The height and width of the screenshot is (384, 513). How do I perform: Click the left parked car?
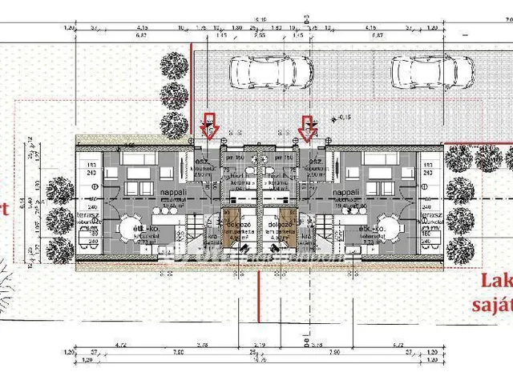tap(260, 72)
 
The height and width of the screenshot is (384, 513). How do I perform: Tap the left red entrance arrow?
tap(210, 126)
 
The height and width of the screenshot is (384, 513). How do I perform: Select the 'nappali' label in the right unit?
tap(346, 193)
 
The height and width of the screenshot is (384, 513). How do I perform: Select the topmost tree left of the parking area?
tap(173, 62)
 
